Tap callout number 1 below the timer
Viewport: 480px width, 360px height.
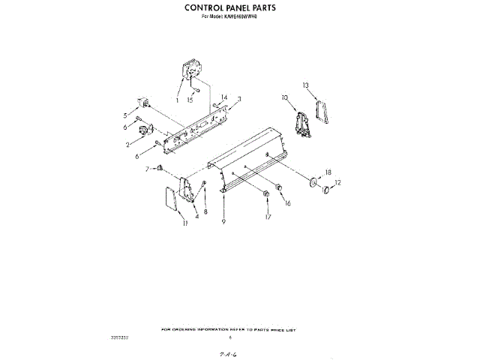pyautogui.click(x=178, y=100)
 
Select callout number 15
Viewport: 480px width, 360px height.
pyautogui.click(x=190, y=100)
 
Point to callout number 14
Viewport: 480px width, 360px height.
pyautogui.click(x=223, y=97)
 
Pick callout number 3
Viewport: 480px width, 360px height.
pyautogui.click(x=239, y=99)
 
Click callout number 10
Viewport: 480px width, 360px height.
pyautogui.click(x=284, y=97)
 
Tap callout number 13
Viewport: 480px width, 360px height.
pyautogui.click(x=305, y=85)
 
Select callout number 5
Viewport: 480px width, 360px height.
pyautogui.click(x=125, y=115)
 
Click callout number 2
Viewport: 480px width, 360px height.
pyautogui.click(x=128, y=144)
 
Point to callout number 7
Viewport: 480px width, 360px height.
pyautogui.click(x=148, y=168)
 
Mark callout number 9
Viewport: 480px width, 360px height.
pyautogui.click(x=223, y=223)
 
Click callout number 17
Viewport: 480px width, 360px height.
pyautogui.click(x=268, y=218)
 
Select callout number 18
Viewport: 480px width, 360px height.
pyautogui.click(x=328, y=172)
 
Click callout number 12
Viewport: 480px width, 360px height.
pyautogui.click(x=337, y=182)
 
